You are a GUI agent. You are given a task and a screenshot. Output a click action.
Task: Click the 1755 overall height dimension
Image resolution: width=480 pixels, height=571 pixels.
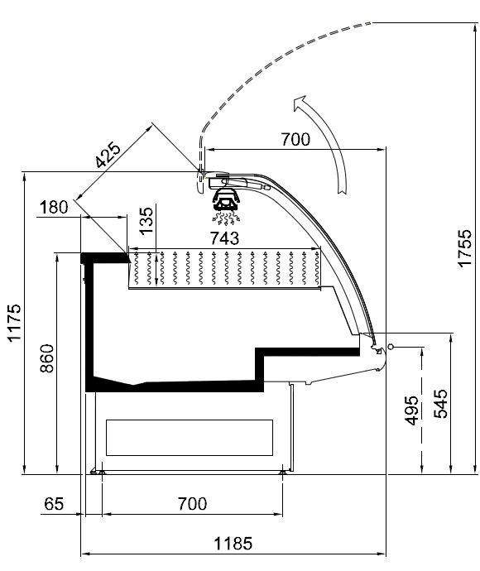click(465, 248)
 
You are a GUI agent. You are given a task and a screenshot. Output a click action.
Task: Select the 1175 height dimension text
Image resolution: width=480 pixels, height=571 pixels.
click(15, 323)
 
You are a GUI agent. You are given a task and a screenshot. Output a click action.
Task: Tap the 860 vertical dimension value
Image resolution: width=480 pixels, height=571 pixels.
click(47, 358)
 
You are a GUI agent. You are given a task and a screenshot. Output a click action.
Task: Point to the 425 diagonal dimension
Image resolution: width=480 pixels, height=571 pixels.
click(108, 155)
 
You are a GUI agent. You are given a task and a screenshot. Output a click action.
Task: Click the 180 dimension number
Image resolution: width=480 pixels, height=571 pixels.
click(54, 207)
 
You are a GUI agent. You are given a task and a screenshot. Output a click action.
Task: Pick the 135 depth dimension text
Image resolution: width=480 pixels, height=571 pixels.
click(146, 221)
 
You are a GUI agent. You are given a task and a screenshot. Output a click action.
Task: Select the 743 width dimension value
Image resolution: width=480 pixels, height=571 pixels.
click(225, 238)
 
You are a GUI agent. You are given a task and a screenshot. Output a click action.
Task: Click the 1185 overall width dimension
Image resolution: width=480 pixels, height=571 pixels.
click(233, 544)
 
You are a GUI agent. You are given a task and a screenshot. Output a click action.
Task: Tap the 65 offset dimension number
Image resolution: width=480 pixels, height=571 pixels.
click(54, 504)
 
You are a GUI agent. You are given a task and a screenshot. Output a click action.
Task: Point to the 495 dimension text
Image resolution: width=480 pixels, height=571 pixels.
click(412, 410)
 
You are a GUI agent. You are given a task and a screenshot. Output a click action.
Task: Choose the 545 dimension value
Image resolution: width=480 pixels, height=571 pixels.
click(440, 404)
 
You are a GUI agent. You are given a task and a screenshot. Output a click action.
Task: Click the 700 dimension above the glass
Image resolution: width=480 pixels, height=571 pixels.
click(295, 139)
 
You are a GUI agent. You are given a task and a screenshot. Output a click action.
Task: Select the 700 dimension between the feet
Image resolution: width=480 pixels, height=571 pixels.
click(192, 504)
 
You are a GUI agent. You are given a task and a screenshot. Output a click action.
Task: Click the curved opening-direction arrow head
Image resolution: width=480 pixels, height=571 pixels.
click(300, 103)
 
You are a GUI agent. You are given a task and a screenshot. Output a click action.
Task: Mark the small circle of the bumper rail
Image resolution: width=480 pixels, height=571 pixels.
click(391, 346)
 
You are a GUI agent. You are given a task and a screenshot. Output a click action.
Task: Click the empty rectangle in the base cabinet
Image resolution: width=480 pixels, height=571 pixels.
click(190, 438)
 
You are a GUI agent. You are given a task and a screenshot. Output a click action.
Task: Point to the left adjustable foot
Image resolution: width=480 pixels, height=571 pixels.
click(102, 473)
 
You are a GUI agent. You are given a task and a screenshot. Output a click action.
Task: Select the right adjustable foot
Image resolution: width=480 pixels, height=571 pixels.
click(282, 473)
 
